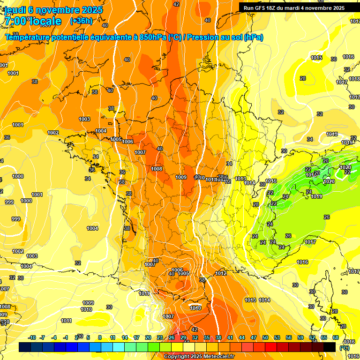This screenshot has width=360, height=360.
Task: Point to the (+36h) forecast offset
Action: pos(81,21)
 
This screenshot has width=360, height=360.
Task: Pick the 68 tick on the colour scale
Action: pos(336,337)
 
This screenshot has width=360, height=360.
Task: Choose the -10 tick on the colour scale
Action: pos(32,337)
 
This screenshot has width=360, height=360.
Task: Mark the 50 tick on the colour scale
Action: pos(265,337)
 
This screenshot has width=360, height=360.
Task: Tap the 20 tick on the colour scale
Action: pos(148,337)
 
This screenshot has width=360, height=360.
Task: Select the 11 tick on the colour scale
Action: pos(112,337)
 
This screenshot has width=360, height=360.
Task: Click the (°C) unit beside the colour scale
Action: pos(345,348)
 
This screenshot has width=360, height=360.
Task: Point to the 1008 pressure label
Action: pos(157,169)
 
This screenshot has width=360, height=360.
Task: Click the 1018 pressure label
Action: pos(354,79)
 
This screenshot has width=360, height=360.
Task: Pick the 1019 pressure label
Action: pos(316,196)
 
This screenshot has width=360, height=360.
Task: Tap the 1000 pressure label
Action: pos(18,176)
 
